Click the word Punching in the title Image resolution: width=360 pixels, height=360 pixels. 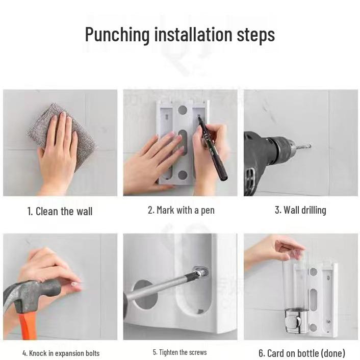coord(117,35)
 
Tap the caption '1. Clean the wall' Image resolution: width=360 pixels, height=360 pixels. coord(60,211)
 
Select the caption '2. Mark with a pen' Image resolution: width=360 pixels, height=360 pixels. coord(181,210)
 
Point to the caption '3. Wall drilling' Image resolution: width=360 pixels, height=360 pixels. coord(300,210)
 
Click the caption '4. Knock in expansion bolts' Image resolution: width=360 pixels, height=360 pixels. coord(61,353)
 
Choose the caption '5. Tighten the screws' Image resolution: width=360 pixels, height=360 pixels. coord(179,352)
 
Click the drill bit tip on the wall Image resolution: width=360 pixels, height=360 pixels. coord(307,147)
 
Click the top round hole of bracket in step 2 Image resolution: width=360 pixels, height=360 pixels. coord(182,110)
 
